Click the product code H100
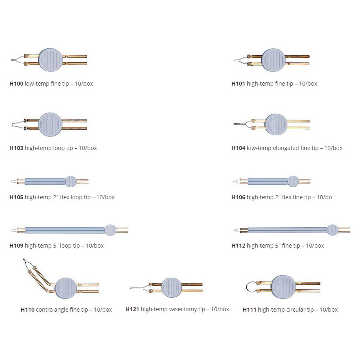pos(16,84)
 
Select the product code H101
pos(238,84)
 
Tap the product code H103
pos(16,148)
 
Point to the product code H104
pos(238,148)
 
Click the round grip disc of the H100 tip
pos(50,60)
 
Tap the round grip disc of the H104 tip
pos(276,124)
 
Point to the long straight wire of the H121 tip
pos(140,288)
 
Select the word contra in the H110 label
pos(44,310)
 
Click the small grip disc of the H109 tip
pos(110,230)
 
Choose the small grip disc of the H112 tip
pos(332,230)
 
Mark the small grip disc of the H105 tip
pos(71,182)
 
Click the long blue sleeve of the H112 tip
pos(288,230)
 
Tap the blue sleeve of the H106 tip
pos(268,181)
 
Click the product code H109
pos(16,246)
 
